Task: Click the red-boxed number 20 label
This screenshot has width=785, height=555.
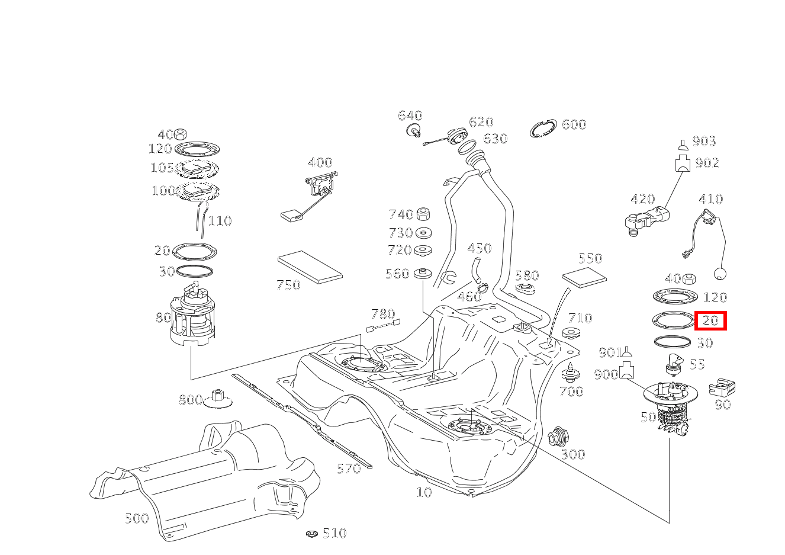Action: point(710,320)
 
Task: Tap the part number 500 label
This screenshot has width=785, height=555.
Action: point(137,518)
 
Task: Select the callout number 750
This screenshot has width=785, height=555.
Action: point(288,285)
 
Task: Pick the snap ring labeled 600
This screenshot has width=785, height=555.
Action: point(543,129)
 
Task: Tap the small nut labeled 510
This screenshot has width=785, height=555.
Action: point(312,534)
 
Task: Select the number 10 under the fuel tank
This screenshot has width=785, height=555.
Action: point(424,492)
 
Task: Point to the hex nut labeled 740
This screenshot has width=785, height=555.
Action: point(423,214)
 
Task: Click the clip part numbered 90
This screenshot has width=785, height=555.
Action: point(722,387)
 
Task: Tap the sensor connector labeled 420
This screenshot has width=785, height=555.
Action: point(645,219)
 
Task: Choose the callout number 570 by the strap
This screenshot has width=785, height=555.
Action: point(349,469)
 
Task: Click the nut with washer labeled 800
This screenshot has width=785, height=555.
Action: point(217,399)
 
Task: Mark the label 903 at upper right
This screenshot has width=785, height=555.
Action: point(704,141)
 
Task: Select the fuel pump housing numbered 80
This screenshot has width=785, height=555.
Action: point(193,320)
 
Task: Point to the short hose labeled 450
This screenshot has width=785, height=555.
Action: point(476,270)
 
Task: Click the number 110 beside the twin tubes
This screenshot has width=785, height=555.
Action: point(220,221)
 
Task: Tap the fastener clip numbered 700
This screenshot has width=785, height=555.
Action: point(570,373)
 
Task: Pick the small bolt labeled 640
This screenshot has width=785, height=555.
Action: point(413,130)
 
